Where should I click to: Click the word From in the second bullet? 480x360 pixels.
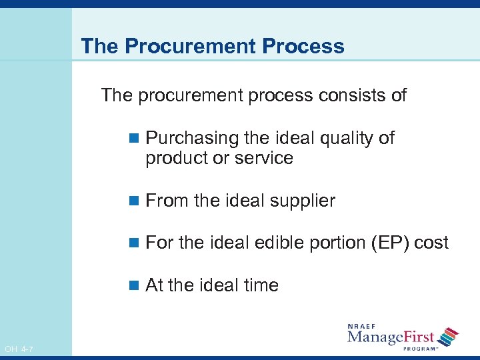coord(167,201)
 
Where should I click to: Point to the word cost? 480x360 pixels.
coord(431,243)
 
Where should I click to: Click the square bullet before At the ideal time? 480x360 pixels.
coord(133,286)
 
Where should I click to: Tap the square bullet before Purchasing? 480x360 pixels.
coord(133,139)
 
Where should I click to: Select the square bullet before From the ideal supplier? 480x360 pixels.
coord(133,201)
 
